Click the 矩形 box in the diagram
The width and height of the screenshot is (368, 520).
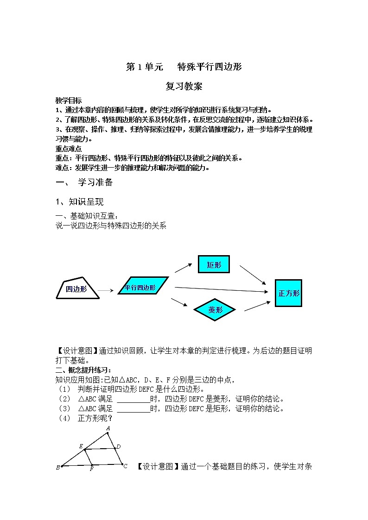214,265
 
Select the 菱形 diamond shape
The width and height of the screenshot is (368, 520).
216,310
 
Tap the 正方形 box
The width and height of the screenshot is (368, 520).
288,293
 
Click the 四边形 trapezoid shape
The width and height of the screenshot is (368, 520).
77,288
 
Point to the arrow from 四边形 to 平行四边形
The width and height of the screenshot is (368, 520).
106,290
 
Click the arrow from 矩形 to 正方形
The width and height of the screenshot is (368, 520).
253,275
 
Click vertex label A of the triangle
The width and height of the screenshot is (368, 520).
108,428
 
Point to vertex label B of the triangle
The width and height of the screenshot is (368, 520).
58,468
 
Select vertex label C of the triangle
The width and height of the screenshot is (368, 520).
125,466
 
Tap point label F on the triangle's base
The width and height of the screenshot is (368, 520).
92,470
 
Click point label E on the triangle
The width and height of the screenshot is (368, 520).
81,446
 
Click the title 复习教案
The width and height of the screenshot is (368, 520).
184,86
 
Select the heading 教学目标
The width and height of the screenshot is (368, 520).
69,100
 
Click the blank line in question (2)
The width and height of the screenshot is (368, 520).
133,399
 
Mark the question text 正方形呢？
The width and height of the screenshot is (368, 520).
95,418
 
